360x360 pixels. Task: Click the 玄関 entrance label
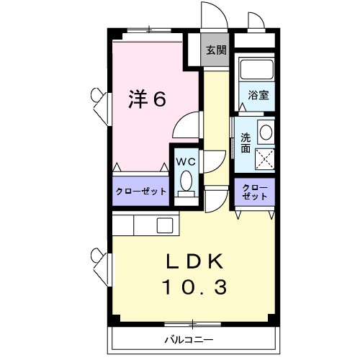pyautogui.click(x=215, y=50)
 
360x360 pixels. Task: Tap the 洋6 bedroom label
pyautogui.click(x=148, y=99)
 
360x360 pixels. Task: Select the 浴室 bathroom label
pyautogui.click(x=259, y=95)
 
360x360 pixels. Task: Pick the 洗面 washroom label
pyautogui.click(x=246, y=141)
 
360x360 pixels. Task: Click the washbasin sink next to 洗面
pyautogui.click(x=265, y=132)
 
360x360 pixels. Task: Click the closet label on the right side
pyautogui.click(x=255, y=192)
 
